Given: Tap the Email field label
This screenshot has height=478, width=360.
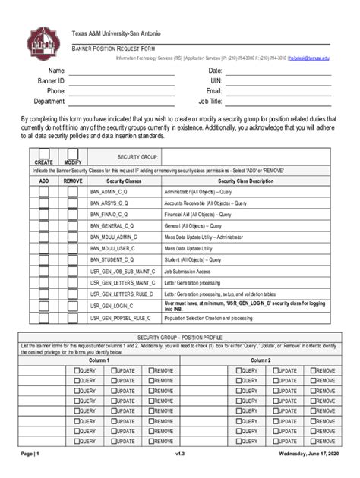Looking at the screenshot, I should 213,90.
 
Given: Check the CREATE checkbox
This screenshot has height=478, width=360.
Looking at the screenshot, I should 44,153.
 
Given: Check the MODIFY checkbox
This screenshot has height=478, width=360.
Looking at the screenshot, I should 73,153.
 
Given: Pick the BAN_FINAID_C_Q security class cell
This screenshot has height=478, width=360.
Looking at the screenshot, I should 109,215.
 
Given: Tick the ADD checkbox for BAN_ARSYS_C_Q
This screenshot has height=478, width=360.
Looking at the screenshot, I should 45,203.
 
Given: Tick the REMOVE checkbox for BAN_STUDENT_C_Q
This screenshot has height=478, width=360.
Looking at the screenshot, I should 73,259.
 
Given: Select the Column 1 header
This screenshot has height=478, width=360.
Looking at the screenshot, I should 99,360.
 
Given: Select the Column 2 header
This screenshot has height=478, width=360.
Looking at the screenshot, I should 262,360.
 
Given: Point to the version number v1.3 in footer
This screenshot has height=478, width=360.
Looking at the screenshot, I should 180,454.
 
